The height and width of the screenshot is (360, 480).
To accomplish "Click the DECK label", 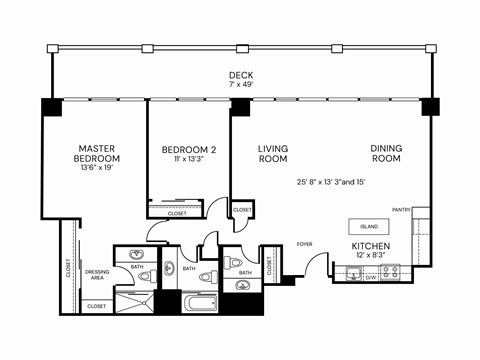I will click(x=240, y=74).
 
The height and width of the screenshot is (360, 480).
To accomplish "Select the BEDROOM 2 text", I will click(x=189, y=150).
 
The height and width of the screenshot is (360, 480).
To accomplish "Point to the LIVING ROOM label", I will click(x=273, y=154).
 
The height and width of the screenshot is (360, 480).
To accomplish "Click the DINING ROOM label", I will click(x=386, y=154).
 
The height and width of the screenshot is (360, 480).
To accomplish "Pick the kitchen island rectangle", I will click(x=369, y=227).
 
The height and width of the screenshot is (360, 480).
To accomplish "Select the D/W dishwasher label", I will click(x=370, y=278).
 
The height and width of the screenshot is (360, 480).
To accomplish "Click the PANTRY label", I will click(x=402, y=210).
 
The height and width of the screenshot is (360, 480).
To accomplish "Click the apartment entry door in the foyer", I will click(x=318, y=265).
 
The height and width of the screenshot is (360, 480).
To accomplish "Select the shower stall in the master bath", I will click(x=134, y=302).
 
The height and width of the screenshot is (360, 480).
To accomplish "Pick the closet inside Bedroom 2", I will click(x=177, y=213).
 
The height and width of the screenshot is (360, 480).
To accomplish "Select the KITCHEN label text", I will click(x=370, y=246).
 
